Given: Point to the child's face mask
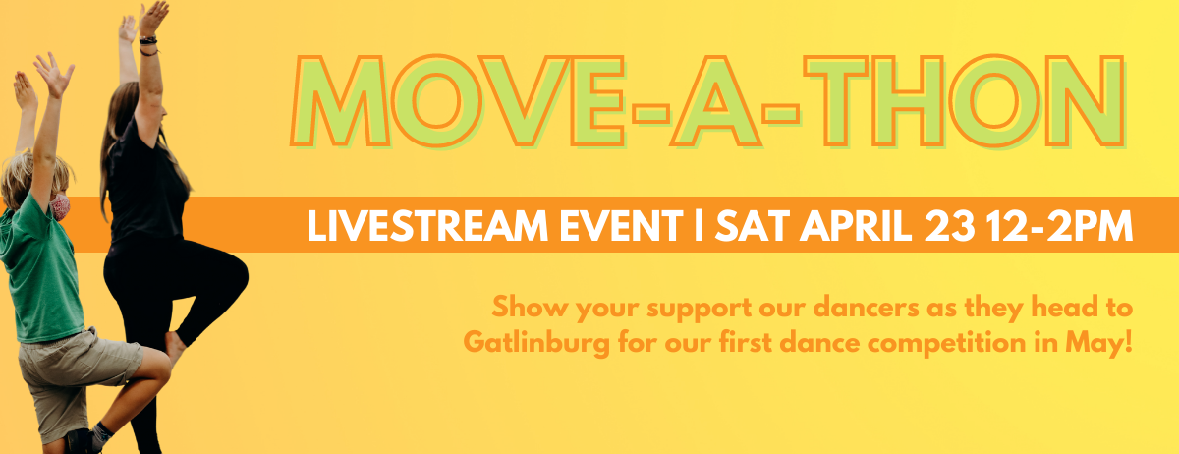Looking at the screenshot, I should (x=61, y=205).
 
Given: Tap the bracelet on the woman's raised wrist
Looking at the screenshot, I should (x=148, y=45).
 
